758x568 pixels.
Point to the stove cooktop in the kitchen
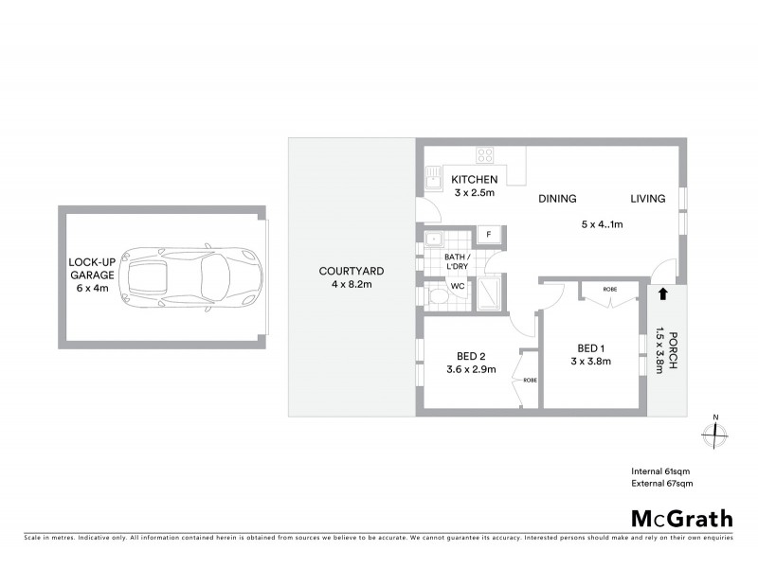coord(485,155)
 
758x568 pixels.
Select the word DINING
coord(557,199)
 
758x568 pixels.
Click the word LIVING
coord(648,199)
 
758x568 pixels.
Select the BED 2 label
coord(471,363)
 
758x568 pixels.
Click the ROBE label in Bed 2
coord(530,381)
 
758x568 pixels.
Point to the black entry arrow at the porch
coord(662,294)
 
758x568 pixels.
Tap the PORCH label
coord(673,350)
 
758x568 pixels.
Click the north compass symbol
coord(716,433)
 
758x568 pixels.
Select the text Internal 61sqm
coord(661,470)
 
